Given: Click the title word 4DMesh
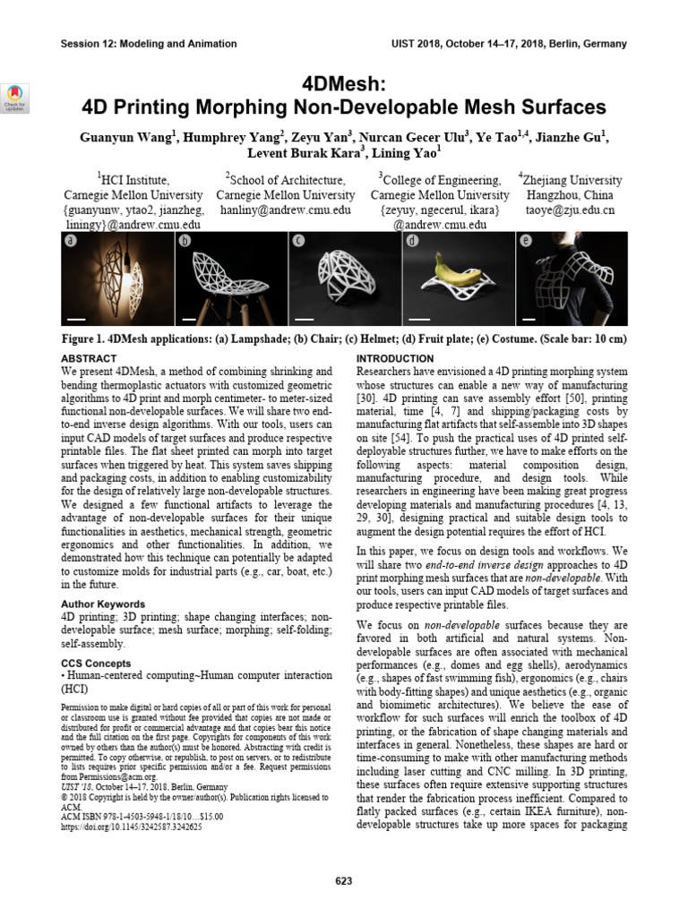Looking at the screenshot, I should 344,82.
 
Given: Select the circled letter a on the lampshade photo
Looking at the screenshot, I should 71,241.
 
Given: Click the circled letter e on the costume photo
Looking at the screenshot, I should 526,241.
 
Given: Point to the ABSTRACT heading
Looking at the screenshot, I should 90,357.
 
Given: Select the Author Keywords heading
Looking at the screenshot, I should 104,604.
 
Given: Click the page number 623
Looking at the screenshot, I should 344,882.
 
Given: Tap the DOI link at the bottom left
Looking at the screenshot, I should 131,827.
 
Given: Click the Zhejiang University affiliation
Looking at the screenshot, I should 571,180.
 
